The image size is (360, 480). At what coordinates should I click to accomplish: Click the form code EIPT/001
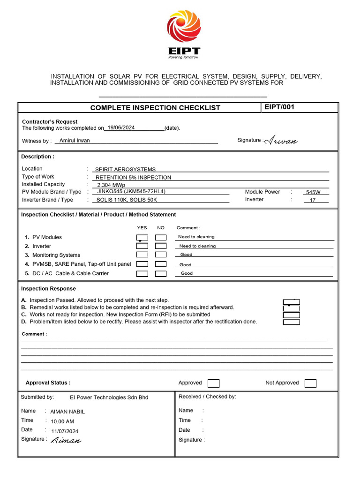click(279, 107)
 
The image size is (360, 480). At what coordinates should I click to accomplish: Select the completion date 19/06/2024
click(121, 127)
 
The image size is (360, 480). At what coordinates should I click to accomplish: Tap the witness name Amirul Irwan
click(75, 140)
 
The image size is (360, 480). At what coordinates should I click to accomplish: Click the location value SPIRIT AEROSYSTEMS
click(125, 169)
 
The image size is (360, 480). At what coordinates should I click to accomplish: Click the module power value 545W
click(313, 192)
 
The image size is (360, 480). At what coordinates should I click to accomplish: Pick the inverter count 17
click(313, 200)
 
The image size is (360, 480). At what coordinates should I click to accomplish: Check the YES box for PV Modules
click(142, 237)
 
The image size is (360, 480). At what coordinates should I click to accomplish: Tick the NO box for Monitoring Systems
click(161, 255)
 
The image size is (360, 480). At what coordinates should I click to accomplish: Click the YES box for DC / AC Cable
click(142, 274)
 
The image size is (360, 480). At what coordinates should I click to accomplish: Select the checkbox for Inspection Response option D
click(292, 322)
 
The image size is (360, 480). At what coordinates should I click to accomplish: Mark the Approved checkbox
click(213, 383)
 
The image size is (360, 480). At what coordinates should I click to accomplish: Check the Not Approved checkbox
click(310, 383)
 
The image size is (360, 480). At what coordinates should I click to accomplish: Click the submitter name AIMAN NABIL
click(67, 412)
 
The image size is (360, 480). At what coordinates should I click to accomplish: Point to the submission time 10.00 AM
click(62, 421)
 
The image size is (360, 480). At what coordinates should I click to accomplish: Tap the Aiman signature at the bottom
click(66, 440)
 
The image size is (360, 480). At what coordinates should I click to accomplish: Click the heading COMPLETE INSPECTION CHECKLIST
click(155, 108)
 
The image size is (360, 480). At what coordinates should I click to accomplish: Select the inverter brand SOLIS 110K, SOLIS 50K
click(126, 200)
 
